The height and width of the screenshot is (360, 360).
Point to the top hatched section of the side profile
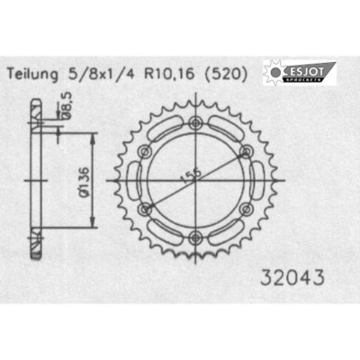click(x=35, y=113)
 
